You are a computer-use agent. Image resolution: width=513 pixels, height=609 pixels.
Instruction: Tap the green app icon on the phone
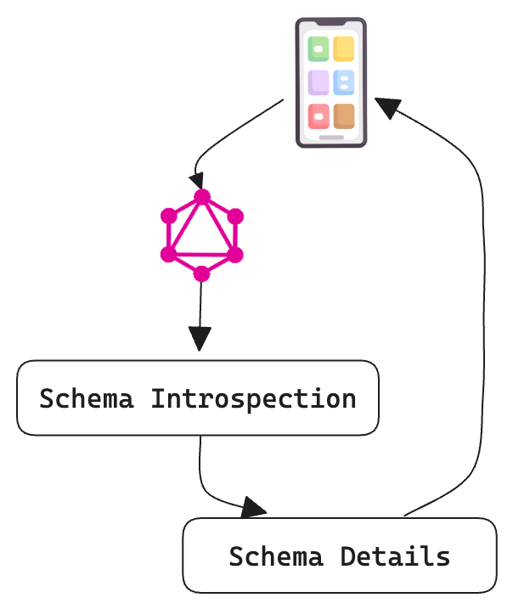coord(319,49)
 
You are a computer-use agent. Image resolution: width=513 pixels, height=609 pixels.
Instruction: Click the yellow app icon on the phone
coord(344,49)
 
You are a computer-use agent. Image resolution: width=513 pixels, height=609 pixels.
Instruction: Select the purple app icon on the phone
coord(319,82)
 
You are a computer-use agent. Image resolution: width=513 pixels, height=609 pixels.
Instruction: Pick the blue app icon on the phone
coord(344,82)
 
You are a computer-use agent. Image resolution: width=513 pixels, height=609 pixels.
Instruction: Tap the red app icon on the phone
coord(319,116)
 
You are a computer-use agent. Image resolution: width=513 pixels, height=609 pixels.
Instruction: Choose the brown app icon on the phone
coord(344,116)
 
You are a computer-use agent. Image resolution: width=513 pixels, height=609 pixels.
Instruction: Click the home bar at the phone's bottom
coord(331,137)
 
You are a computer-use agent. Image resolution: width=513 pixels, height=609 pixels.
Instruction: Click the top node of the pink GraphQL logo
coord(201,197)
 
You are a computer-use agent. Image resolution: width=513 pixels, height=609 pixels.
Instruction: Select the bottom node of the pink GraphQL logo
coord(201,273)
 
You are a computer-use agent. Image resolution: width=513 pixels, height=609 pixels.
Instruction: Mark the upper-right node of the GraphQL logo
coord(235,216)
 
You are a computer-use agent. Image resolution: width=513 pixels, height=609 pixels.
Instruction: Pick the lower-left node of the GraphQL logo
coord(168,254)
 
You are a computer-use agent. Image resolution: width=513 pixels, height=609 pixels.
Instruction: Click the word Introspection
coord(253,398)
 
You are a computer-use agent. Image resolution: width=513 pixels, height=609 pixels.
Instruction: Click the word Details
coord(395,556)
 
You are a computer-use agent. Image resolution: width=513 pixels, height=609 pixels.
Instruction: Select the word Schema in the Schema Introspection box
coord(87,398)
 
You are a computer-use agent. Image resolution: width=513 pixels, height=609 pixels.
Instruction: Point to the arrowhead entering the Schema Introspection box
coord(200,340)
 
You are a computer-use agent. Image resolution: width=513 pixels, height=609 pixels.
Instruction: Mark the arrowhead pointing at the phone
coord(388,107)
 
